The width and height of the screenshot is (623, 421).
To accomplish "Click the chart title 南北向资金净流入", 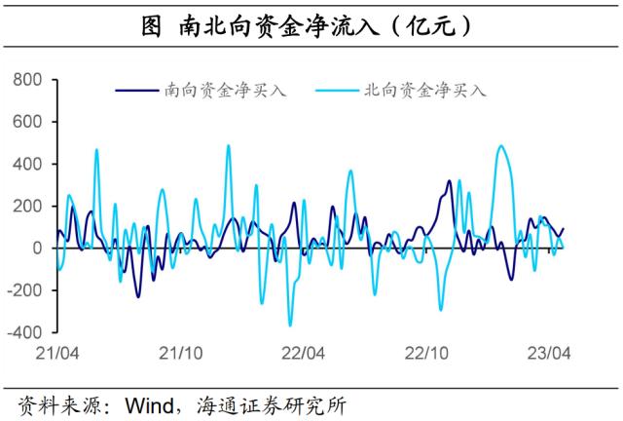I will point(311,26).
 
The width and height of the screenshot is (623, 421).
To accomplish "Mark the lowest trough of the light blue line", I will point(290,325).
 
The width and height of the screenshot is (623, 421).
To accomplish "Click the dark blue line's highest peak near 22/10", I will point(449,181).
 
